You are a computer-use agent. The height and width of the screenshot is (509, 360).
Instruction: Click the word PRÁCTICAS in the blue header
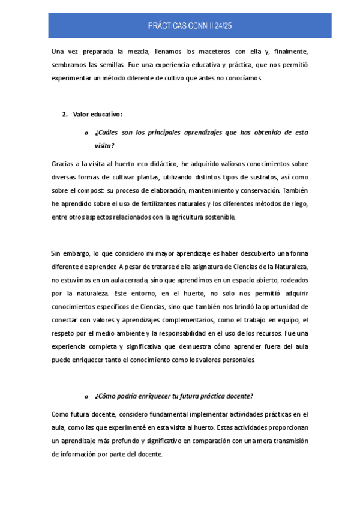167,25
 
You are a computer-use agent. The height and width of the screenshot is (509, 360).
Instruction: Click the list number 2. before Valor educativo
65,114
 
